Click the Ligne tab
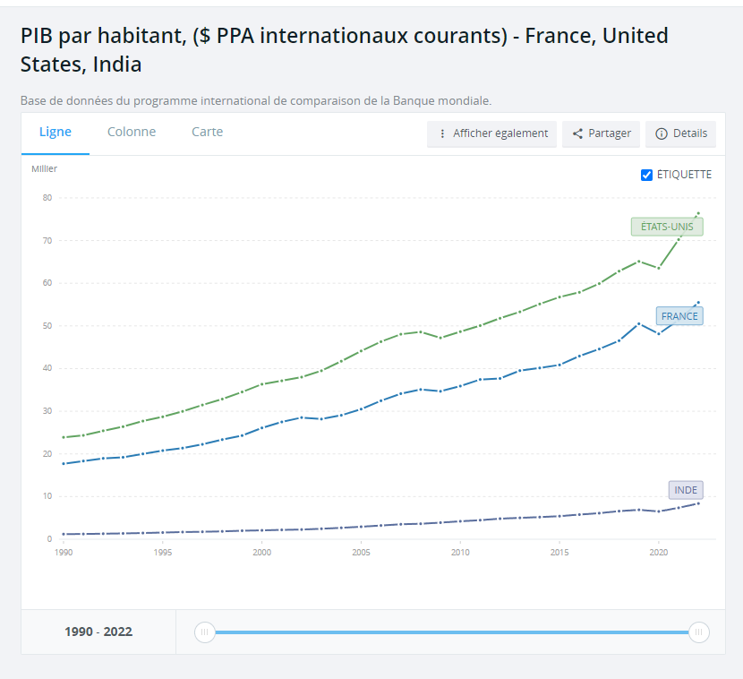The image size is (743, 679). click(56, 133)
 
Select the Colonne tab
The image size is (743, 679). click(132, 133)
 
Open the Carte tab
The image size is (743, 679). click(207, 133)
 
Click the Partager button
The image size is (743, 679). click(602, 133)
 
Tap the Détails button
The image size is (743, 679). click(681, 133)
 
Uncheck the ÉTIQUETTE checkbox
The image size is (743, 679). click(647, 175)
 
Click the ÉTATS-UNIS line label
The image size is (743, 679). click(667, 227)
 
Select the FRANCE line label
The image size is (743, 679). click(679, 316)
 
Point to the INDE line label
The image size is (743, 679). click(686, 490)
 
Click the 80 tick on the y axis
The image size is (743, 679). click(47, 198)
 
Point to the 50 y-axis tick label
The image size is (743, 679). click(47, 326)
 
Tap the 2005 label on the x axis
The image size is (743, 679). click(361, 554)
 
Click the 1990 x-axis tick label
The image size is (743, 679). click(64, 554)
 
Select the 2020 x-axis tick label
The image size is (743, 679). click(659, 554)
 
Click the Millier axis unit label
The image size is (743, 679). click(45, 168)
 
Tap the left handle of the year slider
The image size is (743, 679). click(205, 632)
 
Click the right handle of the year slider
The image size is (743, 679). click(699, 632)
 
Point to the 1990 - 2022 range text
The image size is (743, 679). click(98, 632)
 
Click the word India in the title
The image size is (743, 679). click(117, 64)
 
